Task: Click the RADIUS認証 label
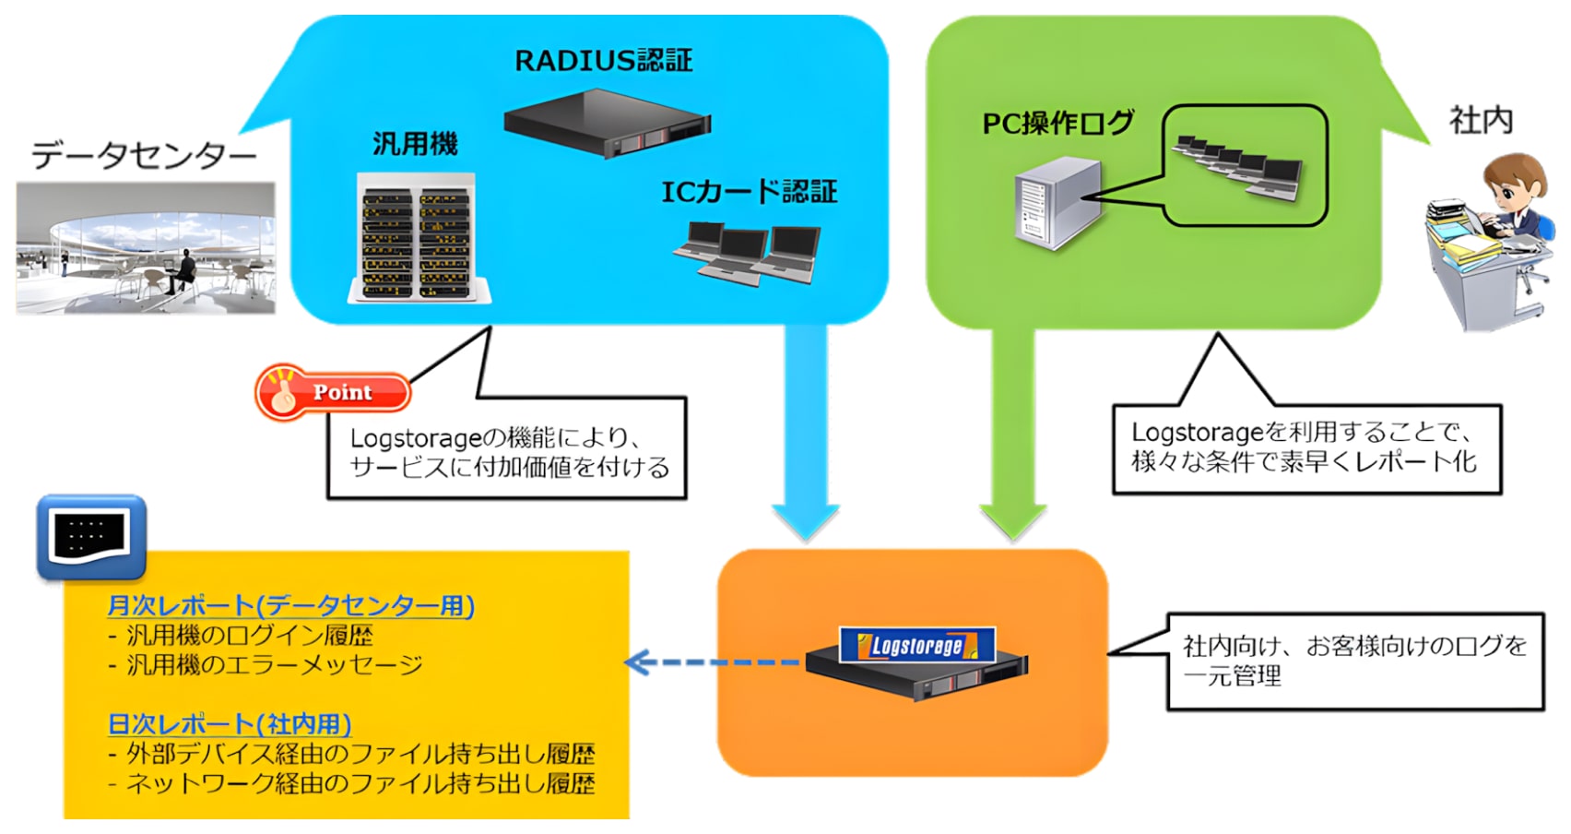603,60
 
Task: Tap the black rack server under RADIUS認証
608,123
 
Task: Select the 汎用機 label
415,144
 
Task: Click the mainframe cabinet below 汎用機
419,238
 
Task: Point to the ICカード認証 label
749,192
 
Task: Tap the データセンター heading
144,155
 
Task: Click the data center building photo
146,248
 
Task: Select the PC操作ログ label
1057,124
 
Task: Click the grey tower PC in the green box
1057,204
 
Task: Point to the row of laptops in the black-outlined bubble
1238,167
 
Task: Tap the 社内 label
1481,121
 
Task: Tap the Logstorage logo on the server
916,645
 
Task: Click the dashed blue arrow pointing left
712,662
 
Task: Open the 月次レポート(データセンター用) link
291,605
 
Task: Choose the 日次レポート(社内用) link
230,724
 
